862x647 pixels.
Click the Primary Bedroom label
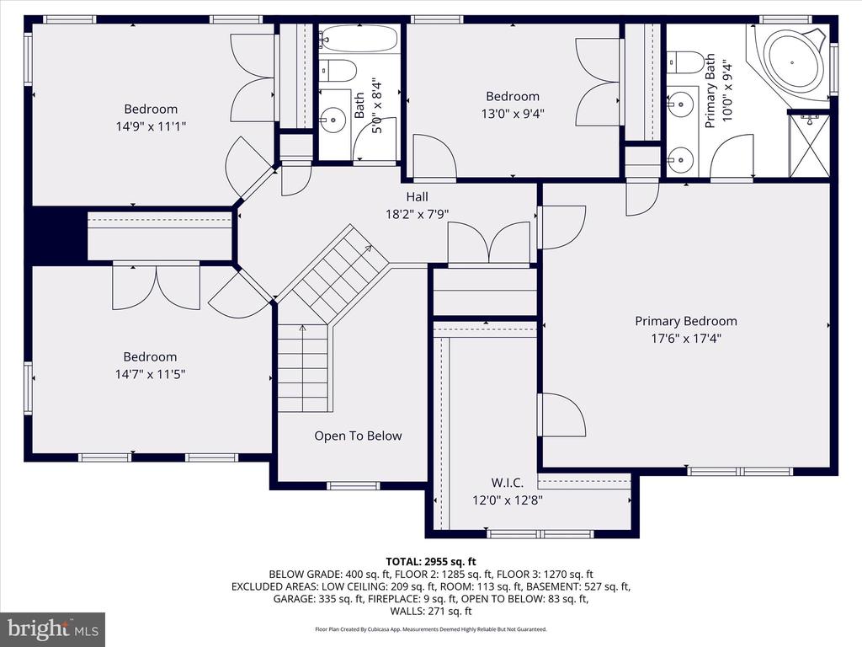coord(685,321)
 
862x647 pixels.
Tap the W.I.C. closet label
coord(507,483)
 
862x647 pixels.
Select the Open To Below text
coord(358,436)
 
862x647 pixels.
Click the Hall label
coord(417,196)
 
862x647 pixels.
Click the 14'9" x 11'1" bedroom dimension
coord(151,126)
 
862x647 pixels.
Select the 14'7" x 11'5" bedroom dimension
coord(150,374)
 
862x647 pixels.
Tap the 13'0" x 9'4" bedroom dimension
coord(513,114)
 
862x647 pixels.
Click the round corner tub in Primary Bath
coord(792,61)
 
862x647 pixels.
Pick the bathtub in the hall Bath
coord(358,39)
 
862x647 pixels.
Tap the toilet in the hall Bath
coord(338,71)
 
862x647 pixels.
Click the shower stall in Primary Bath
coord(809,145)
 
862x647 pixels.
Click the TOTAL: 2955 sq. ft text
coord(431,562)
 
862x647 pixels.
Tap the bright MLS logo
coord(53,628)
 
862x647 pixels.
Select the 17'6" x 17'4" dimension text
coord(686,338)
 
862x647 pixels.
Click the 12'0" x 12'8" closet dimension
coord(508,500)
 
